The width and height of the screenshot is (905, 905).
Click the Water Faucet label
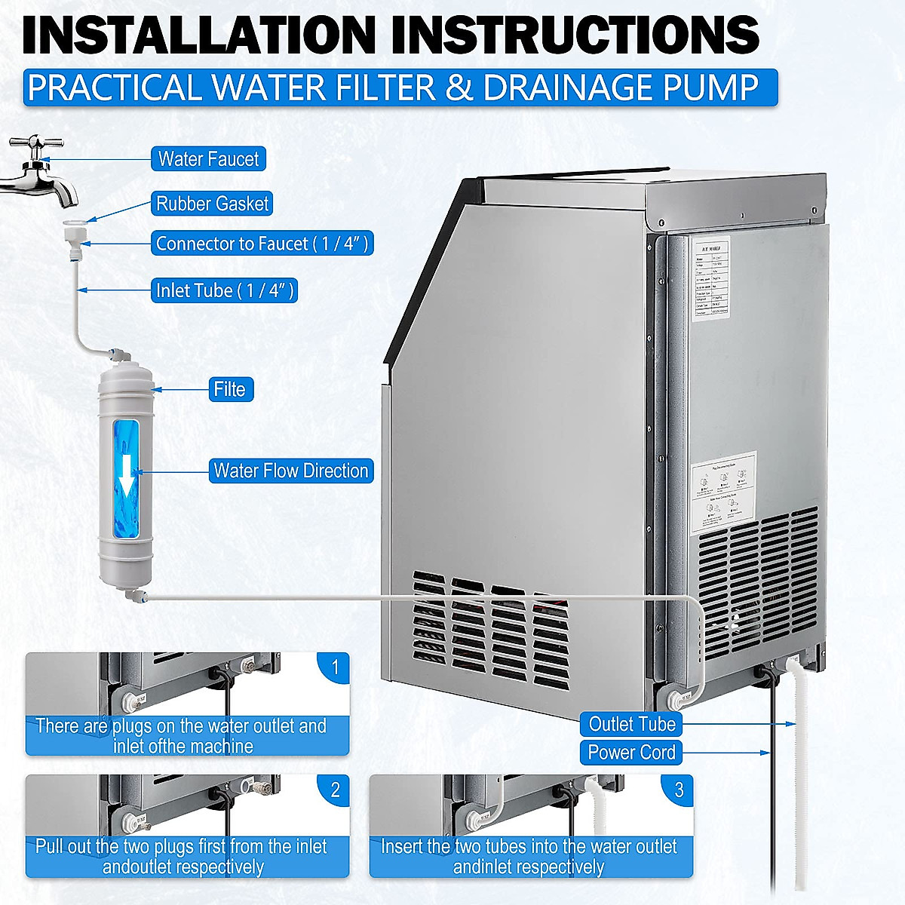point(208,159)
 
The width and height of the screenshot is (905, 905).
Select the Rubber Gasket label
point(212,204)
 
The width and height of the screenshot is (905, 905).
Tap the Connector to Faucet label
point(262,244)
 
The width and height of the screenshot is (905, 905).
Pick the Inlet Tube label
point(225,290)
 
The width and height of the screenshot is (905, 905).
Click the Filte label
point(229,389)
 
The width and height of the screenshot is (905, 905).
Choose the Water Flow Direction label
point(290,471)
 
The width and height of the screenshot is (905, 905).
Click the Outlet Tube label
point(631,724)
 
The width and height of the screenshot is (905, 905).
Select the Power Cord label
point(631,753)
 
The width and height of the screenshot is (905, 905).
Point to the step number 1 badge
point(335,667)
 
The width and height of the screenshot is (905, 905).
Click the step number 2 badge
point(335,790)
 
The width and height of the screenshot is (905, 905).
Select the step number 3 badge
point(679,790)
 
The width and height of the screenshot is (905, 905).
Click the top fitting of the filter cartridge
point(119,355)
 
